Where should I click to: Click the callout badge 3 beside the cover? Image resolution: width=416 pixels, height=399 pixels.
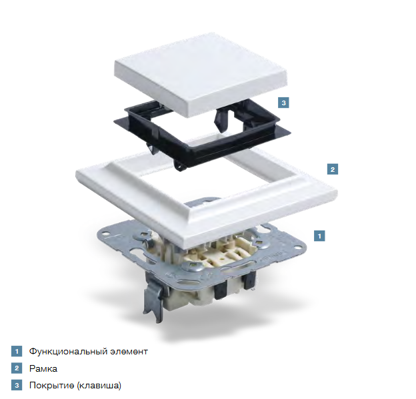[283, 103]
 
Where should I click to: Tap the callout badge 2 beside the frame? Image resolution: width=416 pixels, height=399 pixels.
[333, 169]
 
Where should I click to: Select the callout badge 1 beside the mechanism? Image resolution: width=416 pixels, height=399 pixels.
[319, 236]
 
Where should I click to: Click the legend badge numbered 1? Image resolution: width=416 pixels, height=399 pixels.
[17, 351]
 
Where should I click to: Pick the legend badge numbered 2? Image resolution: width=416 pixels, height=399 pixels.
[17, 368]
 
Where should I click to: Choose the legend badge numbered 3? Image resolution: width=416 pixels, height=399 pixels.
[17, 385]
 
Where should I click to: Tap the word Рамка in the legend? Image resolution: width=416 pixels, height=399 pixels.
[43, 369]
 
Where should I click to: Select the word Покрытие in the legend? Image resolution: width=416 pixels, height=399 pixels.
[52, 386]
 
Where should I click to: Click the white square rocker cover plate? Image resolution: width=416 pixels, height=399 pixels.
[201, 74]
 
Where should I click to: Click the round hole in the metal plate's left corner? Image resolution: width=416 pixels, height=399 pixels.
[106, 234]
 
